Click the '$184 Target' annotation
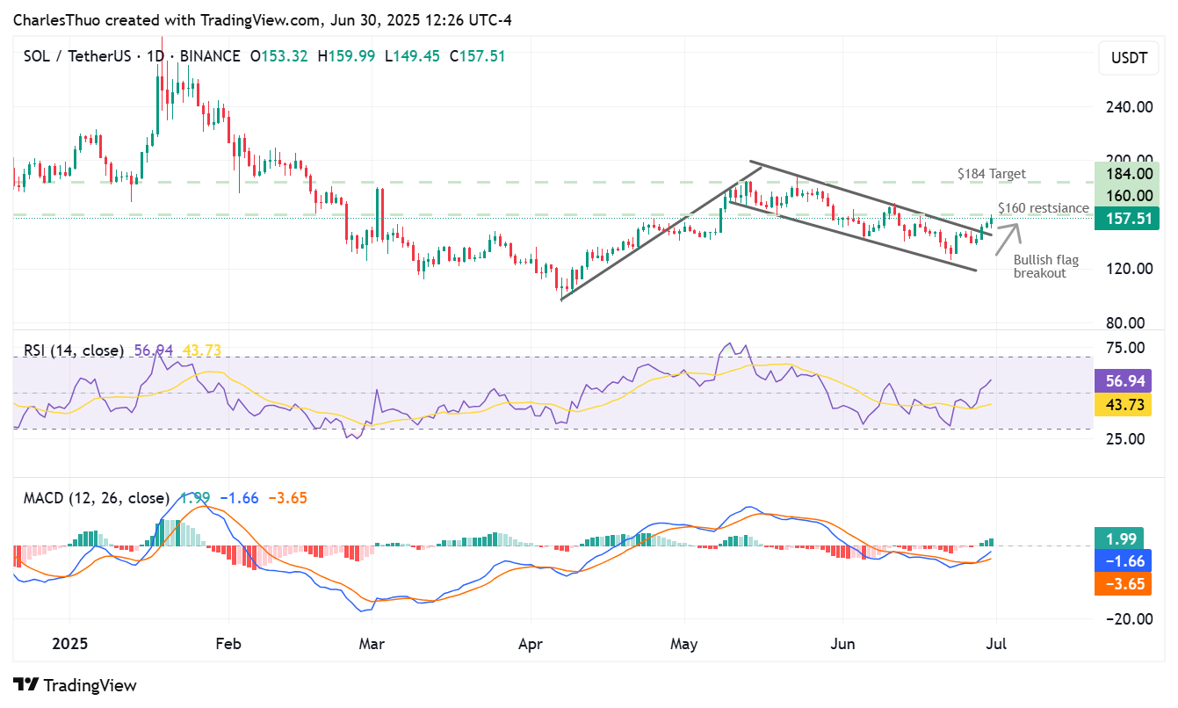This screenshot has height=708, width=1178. [x=991, y=174]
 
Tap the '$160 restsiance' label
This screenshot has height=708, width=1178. [x=1043, y=208]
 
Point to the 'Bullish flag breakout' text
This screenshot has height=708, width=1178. [x=1045, y=266]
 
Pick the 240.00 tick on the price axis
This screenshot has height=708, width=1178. [x=1129, y=107]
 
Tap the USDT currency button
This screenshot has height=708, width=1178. [x=1129, y=59]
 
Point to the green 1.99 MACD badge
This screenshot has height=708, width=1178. [x=1123, y=539]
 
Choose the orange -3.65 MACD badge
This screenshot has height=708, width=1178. [x=1123, y=583]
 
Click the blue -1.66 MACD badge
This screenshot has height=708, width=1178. [x=1123, y=561]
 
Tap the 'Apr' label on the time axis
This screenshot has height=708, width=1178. [x=531, y=643]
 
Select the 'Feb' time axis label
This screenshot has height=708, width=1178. [x=228, y=643]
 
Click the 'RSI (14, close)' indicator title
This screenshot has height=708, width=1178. [x=74, y=350]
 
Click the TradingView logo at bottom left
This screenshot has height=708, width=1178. [x=76, y=685]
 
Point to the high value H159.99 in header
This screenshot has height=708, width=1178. [x=346, y=56]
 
